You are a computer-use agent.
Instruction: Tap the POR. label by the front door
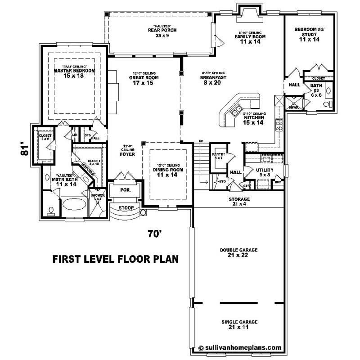pyautogui.click(x=125, y=190)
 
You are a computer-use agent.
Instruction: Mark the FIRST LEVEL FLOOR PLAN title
pyautogui.click(x=116, y=259)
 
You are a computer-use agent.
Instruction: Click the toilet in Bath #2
pyautogui.click(x=327, y=90)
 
